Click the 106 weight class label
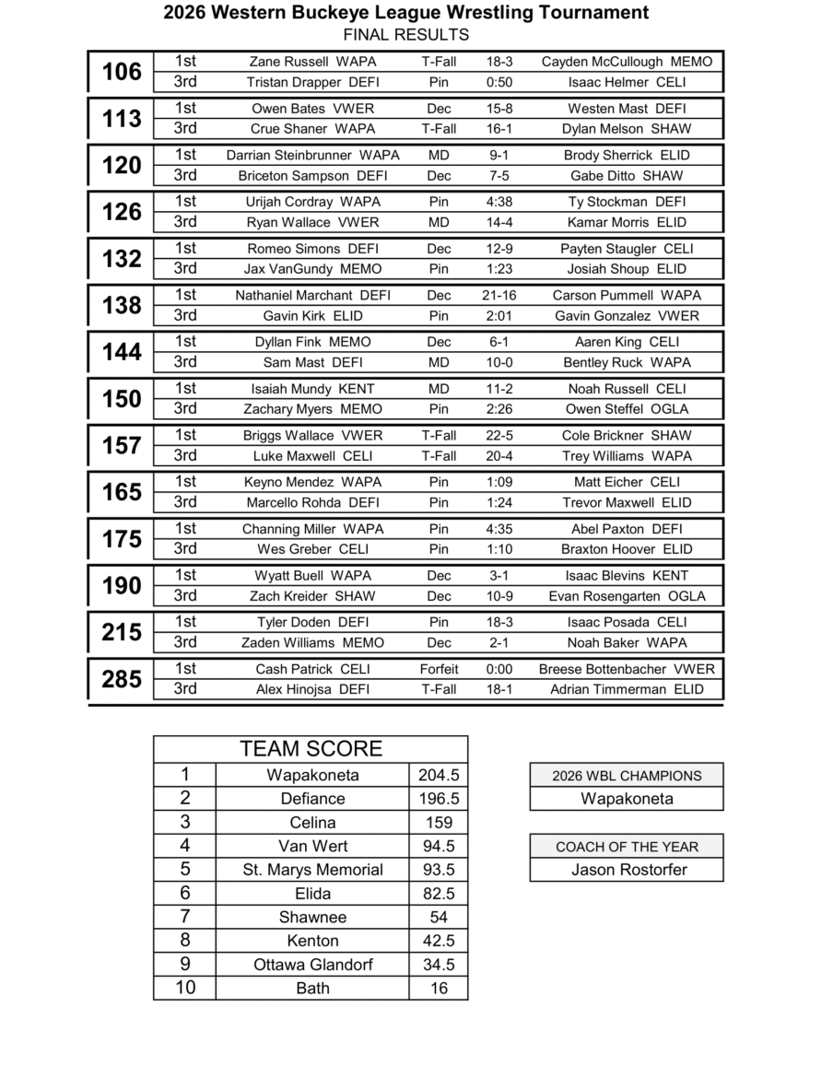(122, 72)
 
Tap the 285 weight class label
(122, 679)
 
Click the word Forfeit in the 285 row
(439, 670)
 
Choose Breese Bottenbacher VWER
(627, 670)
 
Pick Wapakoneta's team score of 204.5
(439, 776)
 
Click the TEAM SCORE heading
(311, 749)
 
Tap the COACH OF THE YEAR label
(627, 847)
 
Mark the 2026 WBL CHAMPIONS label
(627, 776)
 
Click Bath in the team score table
(312, 989)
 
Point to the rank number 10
(185, 989)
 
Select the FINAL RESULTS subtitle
(405, 35)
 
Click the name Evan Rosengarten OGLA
(627, 596)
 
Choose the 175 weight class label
(122, 539)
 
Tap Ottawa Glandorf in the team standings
(312, 965)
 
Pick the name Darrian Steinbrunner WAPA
(312, 156)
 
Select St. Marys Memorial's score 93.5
(439, 870)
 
